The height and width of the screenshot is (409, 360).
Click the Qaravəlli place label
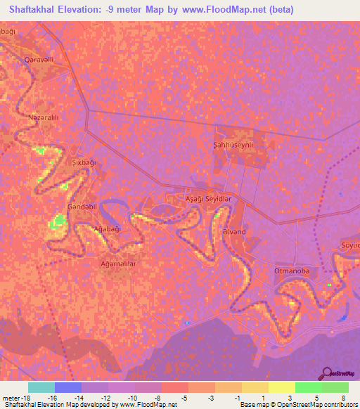click(39, 60)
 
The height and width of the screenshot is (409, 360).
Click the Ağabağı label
click(108, 229)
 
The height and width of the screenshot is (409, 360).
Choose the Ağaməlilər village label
click(117, 264)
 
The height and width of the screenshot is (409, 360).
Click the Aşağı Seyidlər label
click(207, 200)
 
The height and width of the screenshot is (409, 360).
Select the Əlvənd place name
click(233, 231)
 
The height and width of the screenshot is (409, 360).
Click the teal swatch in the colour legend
click(41, 387)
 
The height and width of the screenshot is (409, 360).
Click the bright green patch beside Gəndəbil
click(58, 223)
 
